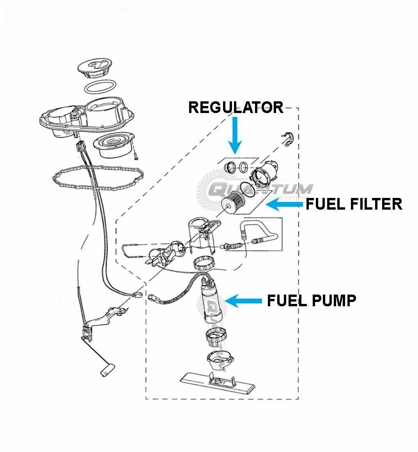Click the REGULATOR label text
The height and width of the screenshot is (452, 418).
pyautogui.click(x=236, y=107)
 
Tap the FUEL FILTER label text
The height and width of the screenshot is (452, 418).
pyautogui.click(x=354, y=204)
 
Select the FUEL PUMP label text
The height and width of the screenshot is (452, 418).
pyautogui.click(x=311, y=300)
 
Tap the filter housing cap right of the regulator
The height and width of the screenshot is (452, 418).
pyautogui.click(x=266, y=173)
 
